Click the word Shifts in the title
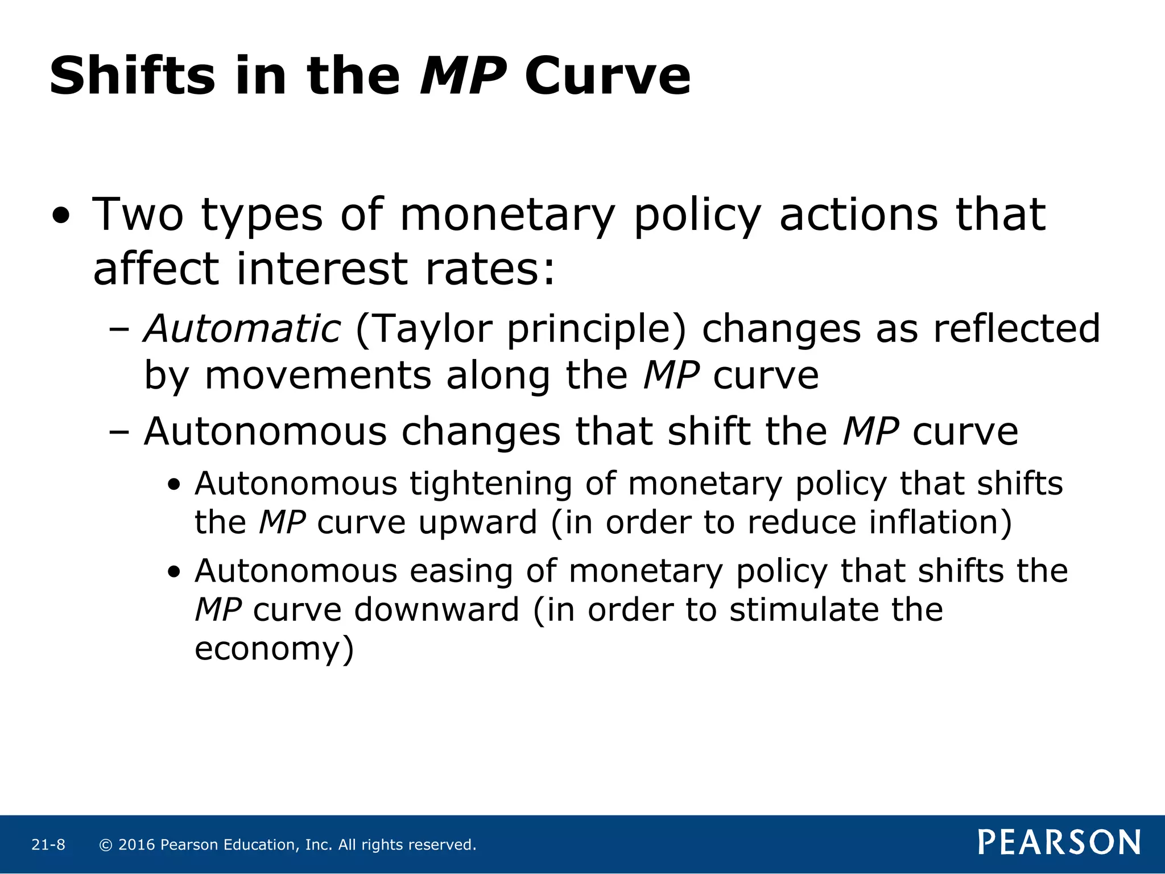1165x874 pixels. click(x=132, y=76)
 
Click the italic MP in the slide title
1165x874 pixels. click(x=463, y=76)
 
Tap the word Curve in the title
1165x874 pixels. click(x=608, y=76)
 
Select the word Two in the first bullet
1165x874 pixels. click(x=138, y=215)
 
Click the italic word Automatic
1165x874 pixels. click(x=242, y=329)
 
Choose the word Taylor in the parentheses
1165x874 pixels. click(x=431, y=329)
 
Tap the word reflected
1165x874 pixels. click(x=1017, y=329)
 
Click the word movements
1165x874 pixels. click(x=318, y=376)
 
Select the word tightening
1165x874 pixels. click(x=490, y=484)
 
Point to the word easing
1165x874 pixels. click(x=461, y=571)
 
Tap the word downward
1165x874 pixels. click(x=437, y=609)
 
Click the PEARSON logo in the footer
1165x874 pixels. click(x=1059, y=843)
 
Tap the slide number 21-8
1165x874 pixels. click(x=48, y=845)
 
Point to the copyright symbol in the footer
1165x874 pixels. click(x=105, y=845)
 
